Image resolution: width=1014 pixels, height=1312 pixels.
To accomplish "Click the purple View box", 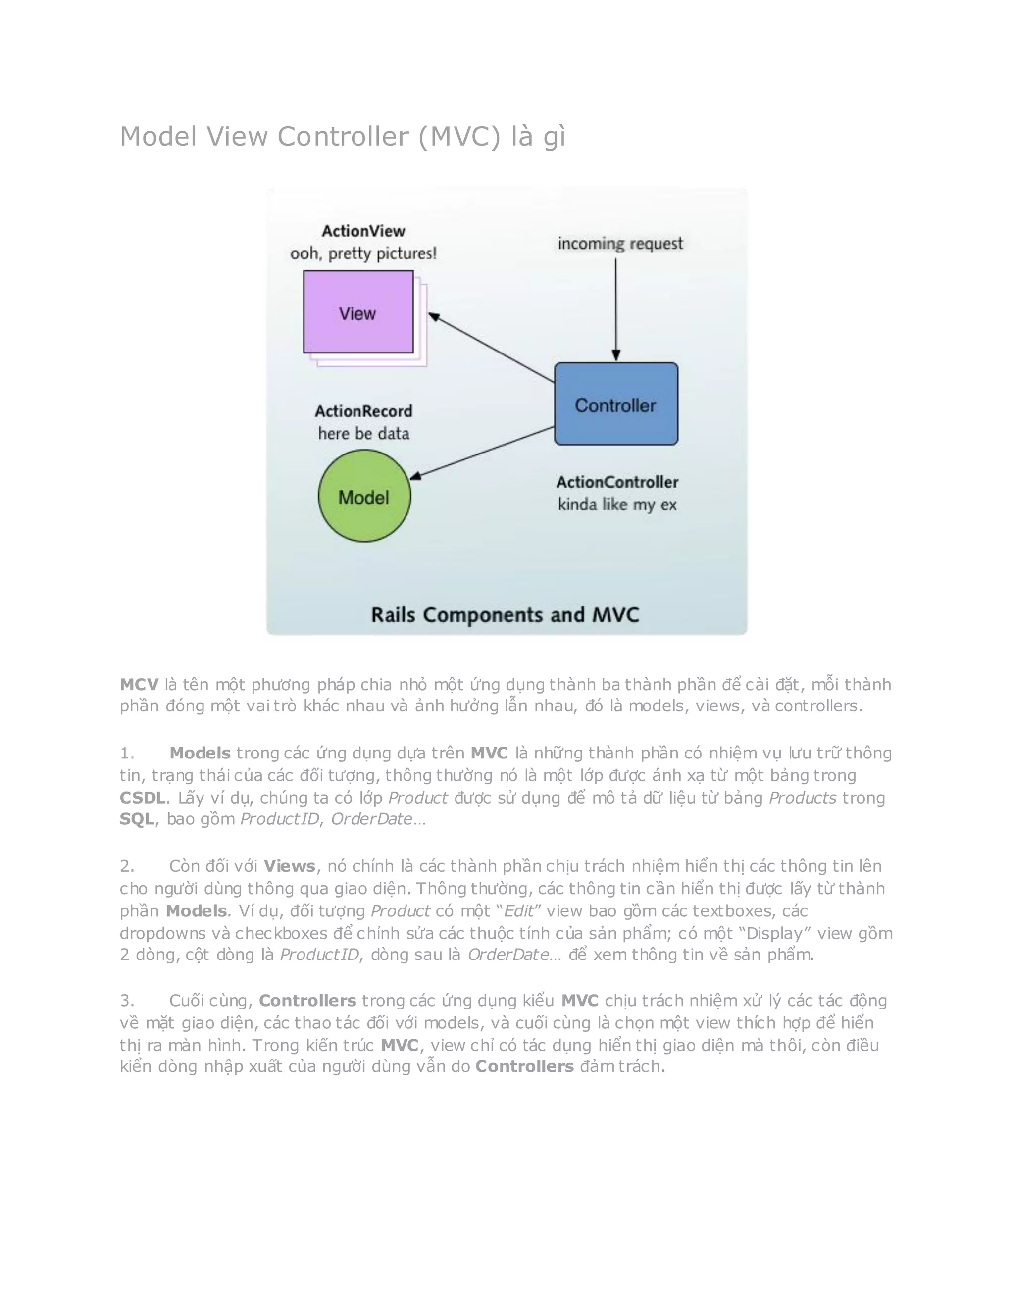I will (358, 312).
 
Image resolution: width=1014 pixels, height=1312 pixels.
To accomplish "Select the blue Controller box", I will (616, 404).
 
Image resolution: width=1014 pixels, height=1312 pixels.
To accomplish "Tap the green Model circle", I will (364, 496).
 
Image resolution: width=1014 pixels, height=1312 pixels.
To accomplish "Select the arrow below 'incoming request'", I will (616, 309).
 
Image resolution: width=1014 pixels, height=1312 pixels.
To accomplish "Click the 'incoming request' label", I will (620, 243).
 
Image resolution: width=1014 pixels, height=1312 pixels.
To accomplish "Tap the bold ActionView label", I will (363, 231).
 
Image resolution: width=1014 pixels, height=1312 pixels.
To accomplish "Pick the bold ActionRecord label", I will (363, 411).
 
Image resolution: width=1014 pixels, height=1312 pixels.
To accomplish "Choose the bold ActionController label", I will (617, 482).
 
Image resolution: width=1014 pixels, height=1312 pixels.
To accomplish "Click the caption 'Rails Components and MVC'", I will (505, 614).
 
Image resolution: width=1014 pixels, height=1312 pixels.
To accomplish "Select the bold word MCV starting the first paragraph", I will (139, 684).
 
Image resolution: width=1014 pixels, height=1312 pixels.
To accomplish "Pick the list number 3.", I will (126, 1000).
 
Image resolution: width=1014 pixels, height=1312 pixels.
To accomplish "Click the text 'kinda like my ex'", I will (617, 504).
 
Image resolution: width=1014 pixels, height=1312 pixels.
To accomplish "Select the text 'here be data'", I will (363, 433).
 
